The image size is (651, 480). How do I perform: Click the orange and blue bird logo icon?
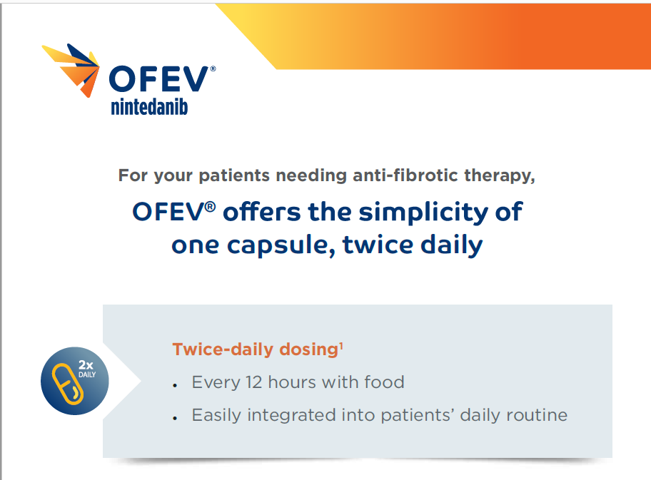[x=71, y=68]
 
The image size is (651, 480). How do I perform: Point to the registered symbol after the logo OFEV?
[x=213, y=68]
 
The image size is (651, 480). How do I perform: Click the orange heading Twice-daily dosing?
[x=254, y=349]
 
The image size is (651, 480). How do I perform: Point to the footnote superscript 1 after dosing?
[x=341, y=346]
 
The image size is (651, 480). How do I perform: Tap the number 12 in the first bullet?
[x=263, y=382]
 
